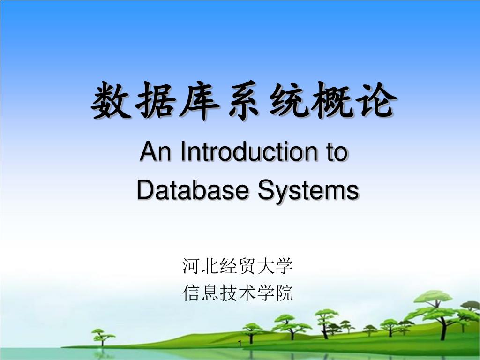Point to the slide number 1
point(240,344)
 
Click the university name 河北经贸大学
point(237,266)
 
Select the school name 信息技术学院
point(237,292)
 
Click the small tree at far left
point(103,336)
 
